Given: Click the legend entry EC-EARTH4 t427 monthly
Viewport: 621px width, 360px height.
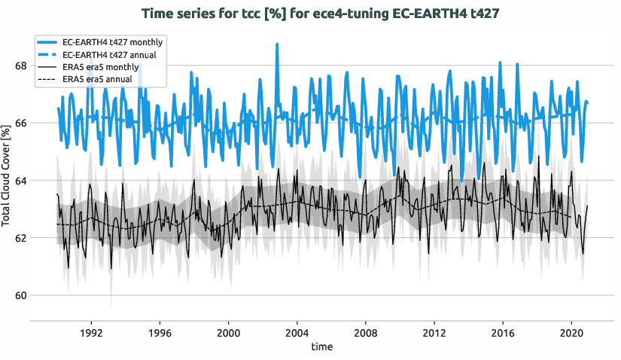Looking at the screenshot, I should [x=113, y=41].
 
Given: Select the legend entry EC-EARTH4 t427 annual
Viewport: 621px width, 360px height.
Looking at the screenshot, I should [x=111, y=54].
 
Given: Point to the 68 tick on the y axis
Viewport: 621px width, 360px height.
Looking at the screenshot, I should [x=21, y=66].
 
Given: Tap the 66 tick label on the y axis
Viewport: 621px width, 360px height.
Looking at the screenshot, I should [x=21, y=123].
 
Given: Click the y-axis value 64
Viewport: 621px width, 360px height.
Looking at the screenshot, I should [x=21, y=180].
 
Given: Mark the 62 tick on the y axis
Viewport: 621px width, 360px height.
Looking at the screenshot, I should [x=21, y=238].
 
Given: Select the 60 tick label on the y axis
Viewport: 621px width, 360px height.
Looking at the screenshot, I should [x=21, y=295].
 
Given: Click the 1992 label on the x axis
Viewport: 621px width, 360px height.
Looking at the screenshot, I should [x=91, y=332].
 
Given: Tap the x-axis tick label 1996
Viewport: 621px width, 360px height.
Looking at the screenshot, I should [x=160, y=332].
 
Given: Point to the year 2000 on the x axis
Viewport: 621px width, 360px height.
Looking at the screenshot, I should [x=228, y=332].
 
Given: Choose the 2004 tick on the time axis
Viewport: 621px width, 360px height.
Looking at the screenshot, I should [x=297, y=332].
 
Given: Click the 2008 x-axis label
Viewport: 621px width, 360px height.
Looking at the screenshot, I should [x=366, y=332].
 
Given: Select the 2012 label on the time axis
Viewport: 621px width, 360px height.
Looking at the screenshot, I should [x=434, y=332].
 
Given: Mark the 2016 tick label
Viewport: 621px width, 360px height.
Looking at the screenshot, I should [x=503, y=332].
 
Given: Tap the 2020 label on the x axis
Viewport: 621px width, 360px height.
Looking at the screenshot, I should [x=571, y=332].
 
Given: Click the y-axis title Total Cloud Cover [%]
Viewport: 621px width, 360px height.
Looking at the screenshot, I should [x=7, y=178].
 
